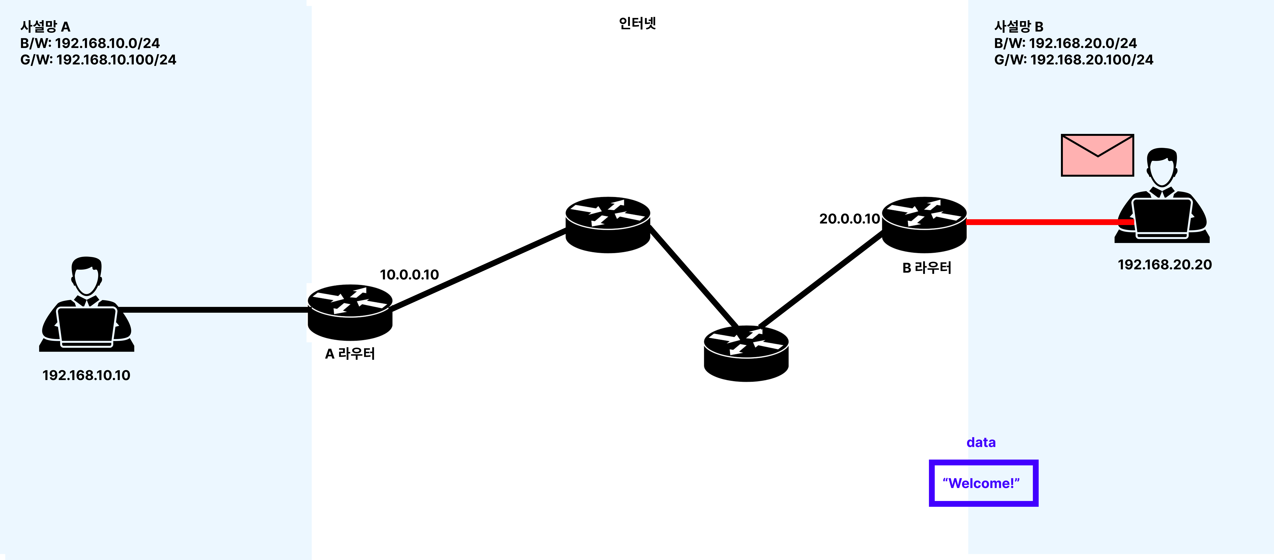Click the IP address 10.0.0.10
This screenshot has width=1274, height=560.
tap(409, 275)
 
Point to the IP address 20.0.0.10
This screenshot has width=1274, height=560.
tap(849, 219)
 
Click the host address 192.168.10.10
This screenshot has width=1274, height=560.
tap(86, 375)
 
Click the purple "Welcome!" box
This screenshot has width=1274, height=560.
tap(983, 483)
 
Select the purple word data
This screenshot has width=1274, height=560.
tap(981, 442)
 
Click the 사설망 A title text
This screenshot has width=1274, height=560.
tap(45, 26)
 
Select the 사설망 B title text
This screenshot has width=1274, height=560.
tap(1018, 26)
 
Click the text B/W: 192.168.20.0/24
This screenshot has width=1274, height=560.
tap(1065, 43)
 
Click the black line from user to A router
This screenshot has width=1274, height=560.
tap(213, 310)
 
